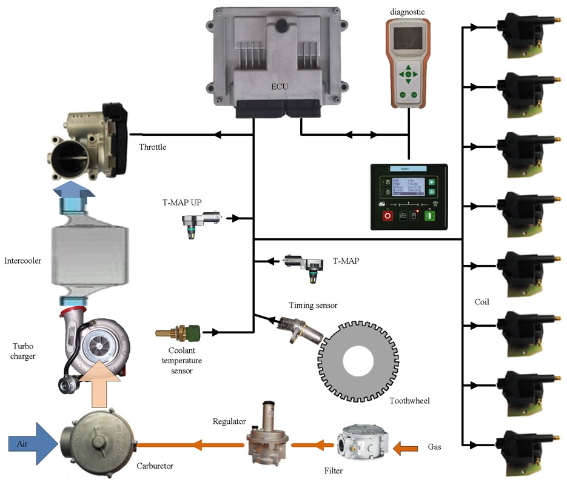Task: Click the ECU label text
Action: point(279,87)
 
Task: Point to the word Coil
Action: point(481,301)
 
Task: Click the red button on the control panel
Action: point(388,215)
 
